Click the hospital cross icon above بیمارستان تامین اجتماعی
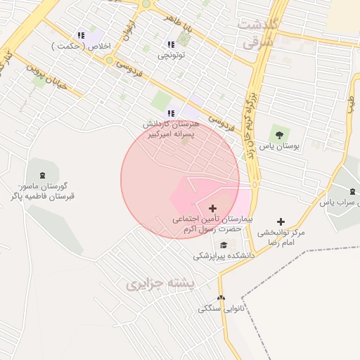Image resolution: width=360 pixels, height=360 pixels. tap(212, 208)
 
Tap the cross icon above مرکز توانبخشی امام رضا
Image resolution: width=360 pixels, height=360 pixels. tap(281, 221)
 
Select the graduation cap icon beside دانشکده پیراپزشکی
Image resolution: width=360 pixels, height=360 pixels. tap(224, 245)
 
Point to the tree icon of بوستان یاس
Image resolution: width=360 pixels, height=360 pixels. tap(279, 135)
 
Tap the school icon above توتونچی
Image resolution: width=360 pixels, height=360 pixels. tap(171, 44)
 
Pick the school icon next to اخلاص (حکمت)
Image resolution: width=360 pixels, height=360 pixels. tap(82, 35)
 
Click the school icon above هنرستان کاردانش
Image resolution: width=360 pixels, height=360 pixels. tap(170, 113)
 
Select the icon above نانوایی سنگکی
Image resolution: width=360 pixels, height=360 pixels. tap(221, 298)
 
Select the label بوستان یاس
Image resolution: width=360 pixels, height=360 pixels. tap(280, 147)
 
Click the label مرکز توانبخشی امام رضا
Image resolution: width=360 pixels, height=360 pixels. tap(281, 236)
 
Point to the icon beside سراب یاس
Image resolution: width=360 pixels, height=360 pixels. tap(352, 191)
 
